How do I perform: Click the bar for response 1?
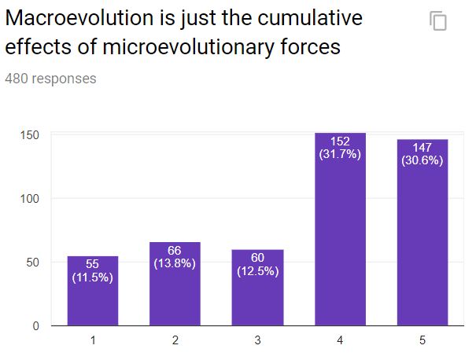[92, 291]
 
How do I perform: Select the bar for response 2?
[175, 284]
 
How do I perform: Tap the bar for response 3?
[257, 288]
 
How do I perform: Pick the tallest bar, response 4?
[340, 229]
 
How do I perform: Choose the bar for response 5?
[422, 233]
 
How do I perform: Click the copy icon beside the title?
[438, 21]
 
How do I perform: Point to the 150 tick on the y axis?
[29, 135]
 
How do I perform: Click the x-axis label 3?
[257, 340]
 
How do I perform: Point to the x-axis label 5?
[422, 340]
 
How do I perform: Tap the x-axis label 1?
[92, 340]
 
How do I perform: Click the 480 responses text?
[50, 79]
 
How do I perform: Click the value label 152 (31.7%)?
[340, 148]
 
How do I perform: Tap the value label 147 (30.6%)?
[422, 153]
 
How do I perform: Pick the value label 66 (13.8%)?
[175, 257]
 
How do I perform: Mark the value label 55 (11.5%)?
[92, 271]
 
